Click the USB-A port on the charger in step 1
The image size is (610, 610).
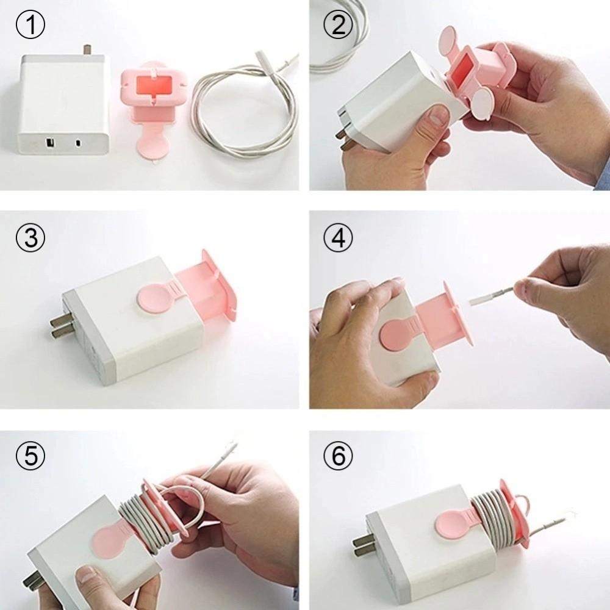[49, 145]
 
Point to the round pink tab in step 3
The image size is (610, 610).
[152, 299]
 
